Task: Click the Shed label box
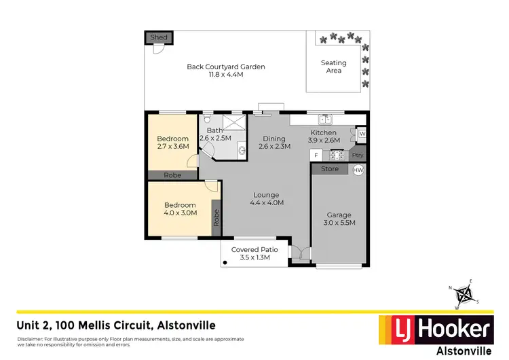coord(158,37)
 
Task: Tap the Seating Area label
coord(333,67)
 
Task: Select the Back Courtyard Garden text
coord(225,71)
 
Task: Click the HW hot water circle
coord(358,169)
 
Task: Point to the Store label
coord(330,169)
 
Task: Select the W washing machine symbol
coord(362,134)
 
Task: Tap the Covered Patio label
coord(251,253)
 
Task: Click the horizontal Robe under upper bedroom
coord(172,175)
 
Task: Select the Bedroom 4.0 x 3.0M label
coord(180,209)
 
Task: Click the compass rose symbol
coord(465,294)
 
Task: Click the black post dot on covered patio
coord(225,261)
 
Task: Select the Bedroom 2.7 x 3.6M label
coord(172,143)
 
